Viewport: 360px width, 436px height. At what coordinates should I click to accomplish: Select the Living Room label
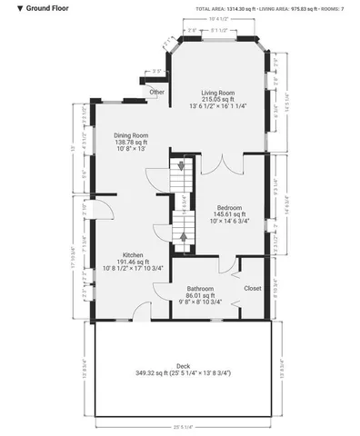218,93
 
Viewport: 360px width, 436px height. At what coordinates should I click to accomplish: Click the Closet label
253,288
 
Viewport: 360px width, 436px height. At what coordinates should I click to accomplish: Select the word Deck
183,367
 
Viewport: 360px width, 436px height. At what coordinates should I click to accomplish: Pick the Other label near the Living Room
157,92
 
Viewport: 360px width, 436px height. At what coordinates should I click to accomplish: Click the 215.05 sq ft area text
218,99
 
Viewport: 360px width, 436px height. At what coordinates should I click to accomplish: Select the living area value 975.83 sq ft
296,8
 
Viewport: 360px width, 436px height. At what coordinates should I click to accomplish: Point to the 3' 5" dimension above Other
156,71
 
